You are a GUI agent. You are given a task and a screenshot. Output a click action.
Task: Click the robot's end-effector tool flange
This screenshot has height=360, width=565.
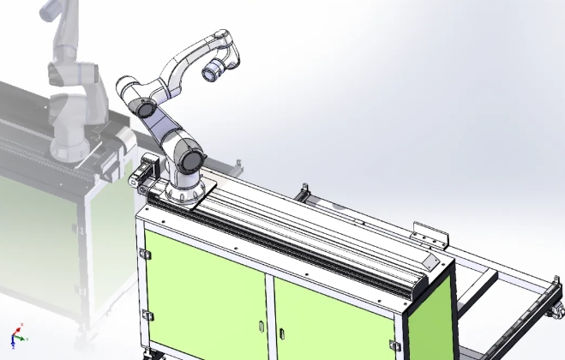[210, 74]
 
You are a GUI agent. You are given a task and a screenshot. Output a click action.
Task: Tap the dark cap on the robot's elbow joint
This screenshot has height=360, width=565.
[143, 109]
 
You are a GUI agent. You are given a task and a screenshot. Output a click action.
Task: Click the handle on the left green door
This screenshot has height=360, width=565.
[261, 326]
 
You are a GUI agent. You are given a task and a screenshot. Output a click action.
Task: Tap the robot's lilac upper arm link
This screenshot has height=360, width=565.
[163, 129]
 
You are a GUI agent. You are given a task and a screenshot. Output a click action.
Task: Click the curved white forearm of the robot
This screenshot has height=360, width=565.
[184, 69]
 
